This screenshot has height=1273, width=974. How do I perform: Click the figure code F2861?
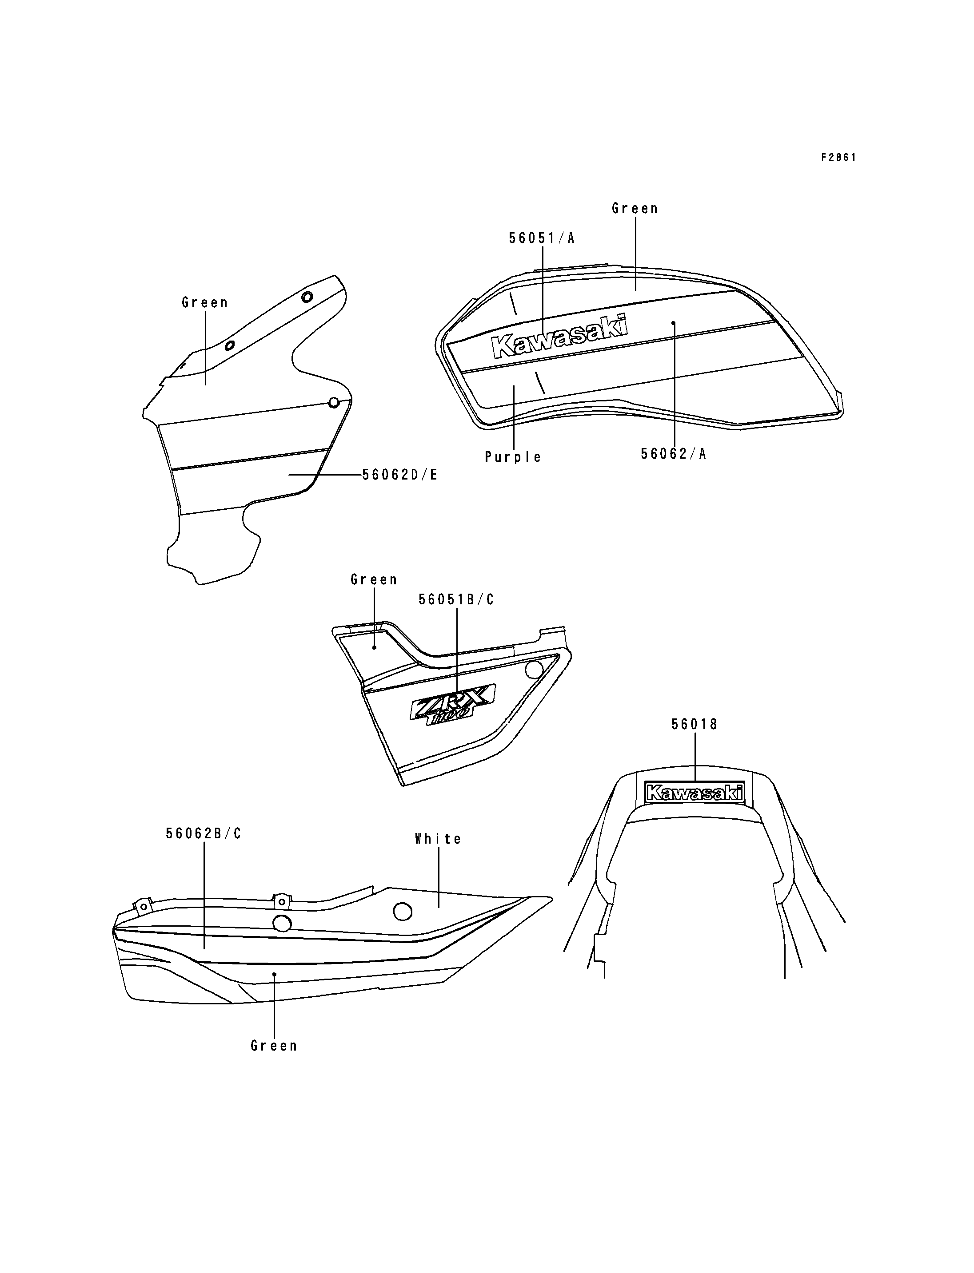click(x=838, y=158)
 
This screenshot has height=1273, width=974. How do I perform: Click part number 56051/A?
click(x=542, y=238)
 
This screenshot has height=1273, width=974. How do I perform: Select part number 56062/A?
click(x=673, y=454)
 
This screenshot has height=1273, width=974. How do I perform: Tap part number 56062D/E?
click(x=399, y=475)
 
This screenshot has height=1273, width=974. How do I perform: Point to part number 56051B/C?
click(x=456, y=600)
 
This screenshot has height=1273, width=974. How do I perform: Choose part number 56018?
click(x=695, y=724)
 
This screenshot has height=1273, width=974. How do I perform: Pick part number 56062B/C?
click(x=204, y=834)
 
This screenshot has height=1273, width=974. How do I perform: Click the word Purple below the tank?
click(x=513, y=457)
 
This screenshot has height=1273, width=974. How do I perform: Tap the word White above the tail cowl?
click(x=438, y=839)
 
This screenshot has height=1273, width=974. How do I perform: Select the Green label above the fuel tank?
click(x=635, y=209)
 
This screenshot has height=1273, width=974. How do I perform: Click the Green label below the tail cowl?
click(x=274, y=1046)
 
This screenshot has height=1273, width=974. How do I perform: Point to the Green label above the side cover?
click(x=374, y=580)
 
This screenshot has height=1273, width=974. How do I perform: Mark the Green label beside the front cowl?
click(x=205, y=302)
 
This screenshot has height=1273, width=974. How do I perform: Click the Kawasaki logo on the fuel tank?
click(x=559, y=336)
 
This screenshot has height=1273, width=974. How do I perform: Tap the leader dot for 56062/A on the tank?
click(x=673, y=323)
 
